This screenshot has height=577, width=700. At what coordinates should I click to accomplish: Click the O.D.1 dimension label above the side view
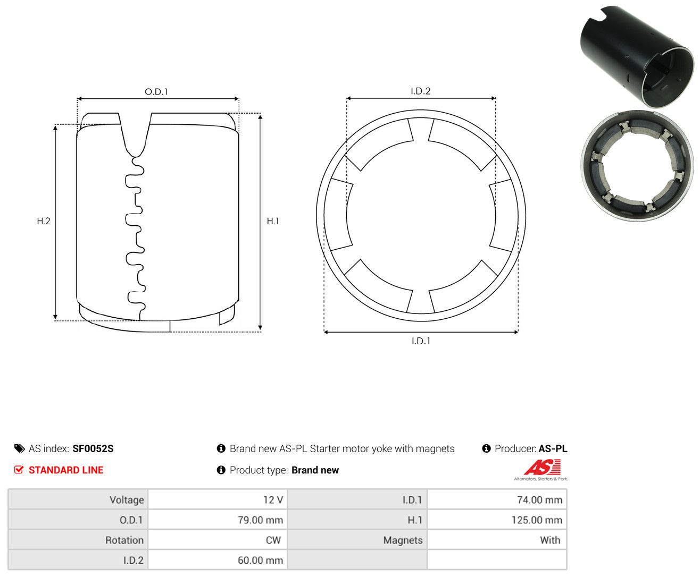click(x=156, y=91)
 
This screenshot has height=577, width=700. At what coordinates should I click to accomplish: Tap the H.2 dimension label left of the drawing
click(x=44, y=220)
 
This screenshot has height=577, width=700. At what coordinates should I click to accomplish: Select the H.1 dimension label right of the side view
click(x=272, y=220)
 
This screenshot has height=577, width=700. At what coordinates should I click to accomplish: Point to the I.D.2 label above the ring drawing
click(x=420, y=91)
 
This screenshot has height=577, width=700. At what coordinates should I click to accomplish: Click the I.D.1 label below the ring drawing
click(x=421, y=341)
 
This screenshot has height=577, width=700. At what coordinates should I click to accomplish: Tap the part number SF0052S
click(x=93, y=448)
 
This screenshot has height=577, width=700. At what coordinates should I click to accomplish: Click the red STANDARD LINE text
click(x=66, y=470)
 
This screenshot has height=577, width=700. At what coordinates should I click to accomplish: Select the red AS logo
click(x=542, y=467)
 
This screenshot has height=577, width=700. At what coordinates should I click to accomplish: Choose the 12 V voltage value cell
click(x=217, y=499)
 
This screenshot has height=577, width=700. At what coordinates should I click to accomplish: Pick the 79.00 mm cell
click(x=217, y=520)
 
